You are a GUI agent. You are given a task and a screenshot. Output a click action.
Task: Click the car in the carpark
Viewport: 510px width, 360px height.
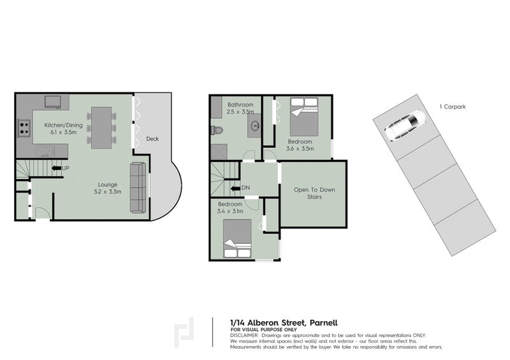tap(404, 125)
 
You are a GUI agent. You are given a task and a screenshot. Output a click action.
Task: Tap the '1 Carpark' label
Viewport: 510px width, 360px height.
tap(453, 107)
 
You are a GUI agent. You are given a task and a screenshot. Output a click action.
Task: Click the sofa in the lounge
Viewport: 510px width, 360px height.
tap(138, 187)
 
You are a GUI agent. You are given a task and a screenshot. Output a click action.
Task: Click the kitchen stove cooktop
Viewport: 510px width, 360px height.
tap(24, 127)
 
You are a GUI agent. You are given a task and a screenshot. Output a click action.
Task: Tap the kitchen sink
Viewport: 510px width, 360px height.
tap(45, 152)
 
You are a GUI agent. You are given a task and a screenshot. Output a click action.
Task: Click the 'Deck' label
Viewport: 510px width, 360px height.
tap(152, 139)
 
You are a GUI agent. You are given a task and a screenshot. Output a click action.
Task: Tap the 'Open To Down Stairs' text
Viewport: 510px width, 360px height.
tap(314, 194)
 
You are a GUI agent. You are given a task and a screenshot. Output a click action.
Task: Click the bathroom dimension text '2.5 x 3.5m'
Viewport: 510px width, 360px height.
tap(240, 112)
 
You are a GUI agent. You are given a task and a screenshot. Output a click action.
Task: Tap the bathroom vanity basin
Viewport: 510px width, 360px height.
tap(255, 126)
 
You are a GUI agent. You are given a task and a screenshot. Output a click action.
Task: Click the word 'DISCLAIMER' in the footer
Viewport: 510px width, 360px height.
tap(244, 335)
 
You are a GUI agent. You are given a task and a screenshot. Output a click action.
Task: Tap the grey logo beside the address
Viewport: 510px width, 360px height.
tap(186, 331)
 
